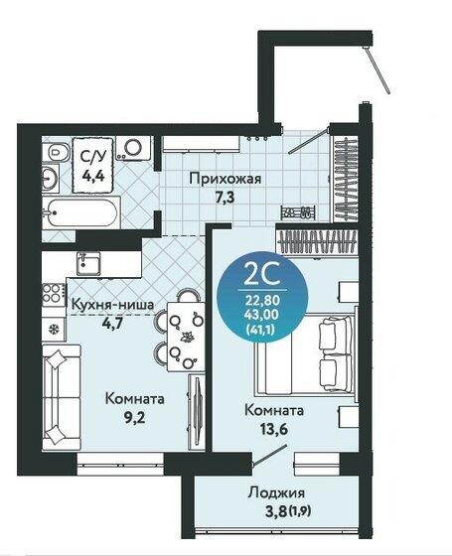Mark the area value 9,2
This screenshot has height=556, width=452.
134,417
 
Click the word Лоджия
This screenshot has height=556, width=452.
275,492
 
